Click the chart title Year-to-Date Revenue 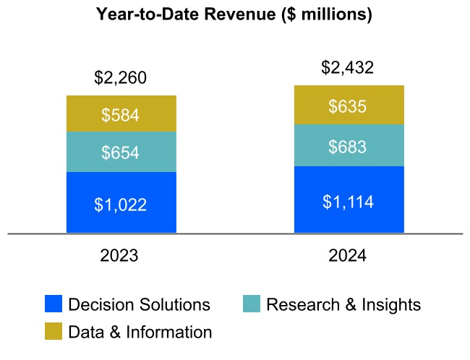(234, 14)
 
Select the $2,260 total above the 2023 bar (121, 77)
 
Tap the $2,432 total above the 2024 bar (348, 68)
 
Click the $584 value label (121, 114)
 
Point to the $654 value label (121, 153)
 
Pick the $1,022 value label (121, 204)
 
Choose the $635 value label (348, 106)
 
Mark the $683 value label (348, 147)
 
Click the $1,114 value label (348, 201)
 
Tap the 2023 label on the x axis (121, 256)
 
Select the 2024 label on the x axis (348, 256)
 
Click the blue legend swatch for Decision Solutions (54, 304)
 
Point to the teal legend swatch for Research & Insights (252, 304)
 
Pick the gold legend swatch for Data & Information (54, 332)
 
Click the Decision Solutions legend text (139, 304)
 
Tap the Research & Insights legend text (343, 304)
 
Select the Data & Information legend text (140, 332)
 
